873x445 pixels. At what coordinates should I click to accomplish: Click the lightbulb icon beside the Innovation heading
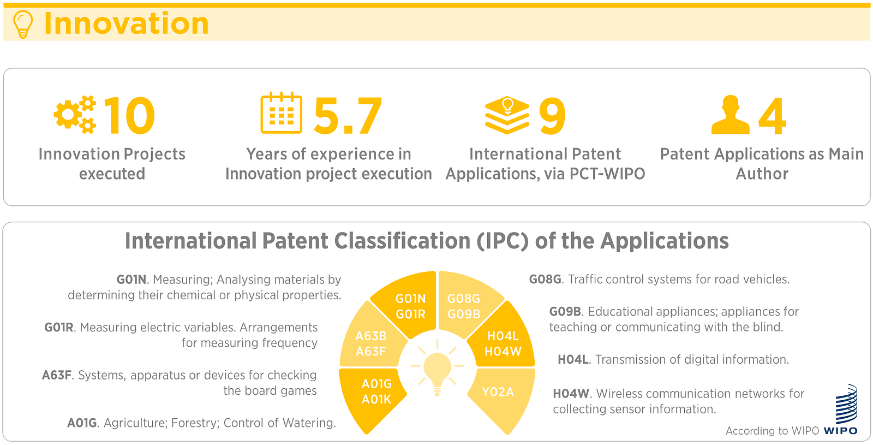[22, 24]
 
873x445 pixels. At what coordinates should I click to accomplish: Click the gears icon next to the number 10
[75, 115]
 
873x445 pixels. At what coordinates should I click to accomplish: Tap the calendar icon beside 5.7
[282, 113]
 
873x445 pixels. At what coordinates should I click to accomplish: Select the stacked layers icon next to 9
[507, 115]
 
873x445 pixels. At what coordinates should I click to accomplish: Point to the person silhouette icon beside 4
[731, 115]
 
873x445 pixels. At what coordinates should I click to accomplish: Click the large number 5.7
[348, 116]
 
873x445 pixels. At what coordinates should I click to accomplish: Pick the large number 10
[129, 116]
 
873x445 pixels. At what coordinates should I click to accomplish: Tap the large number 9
[552, 116]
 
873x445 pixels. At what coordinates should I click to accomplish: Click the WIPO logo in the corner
[842, 410]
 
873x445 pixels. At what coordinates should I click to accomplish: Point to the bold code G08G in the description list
[545, 279]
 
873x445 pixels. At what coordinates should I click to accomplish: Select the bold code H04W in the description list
[571, 394]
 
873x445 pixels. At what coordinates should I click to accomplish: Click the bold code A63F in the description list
[57, 375]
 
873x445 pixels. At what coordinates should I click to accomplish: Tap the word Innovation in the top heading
[127, 24]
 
